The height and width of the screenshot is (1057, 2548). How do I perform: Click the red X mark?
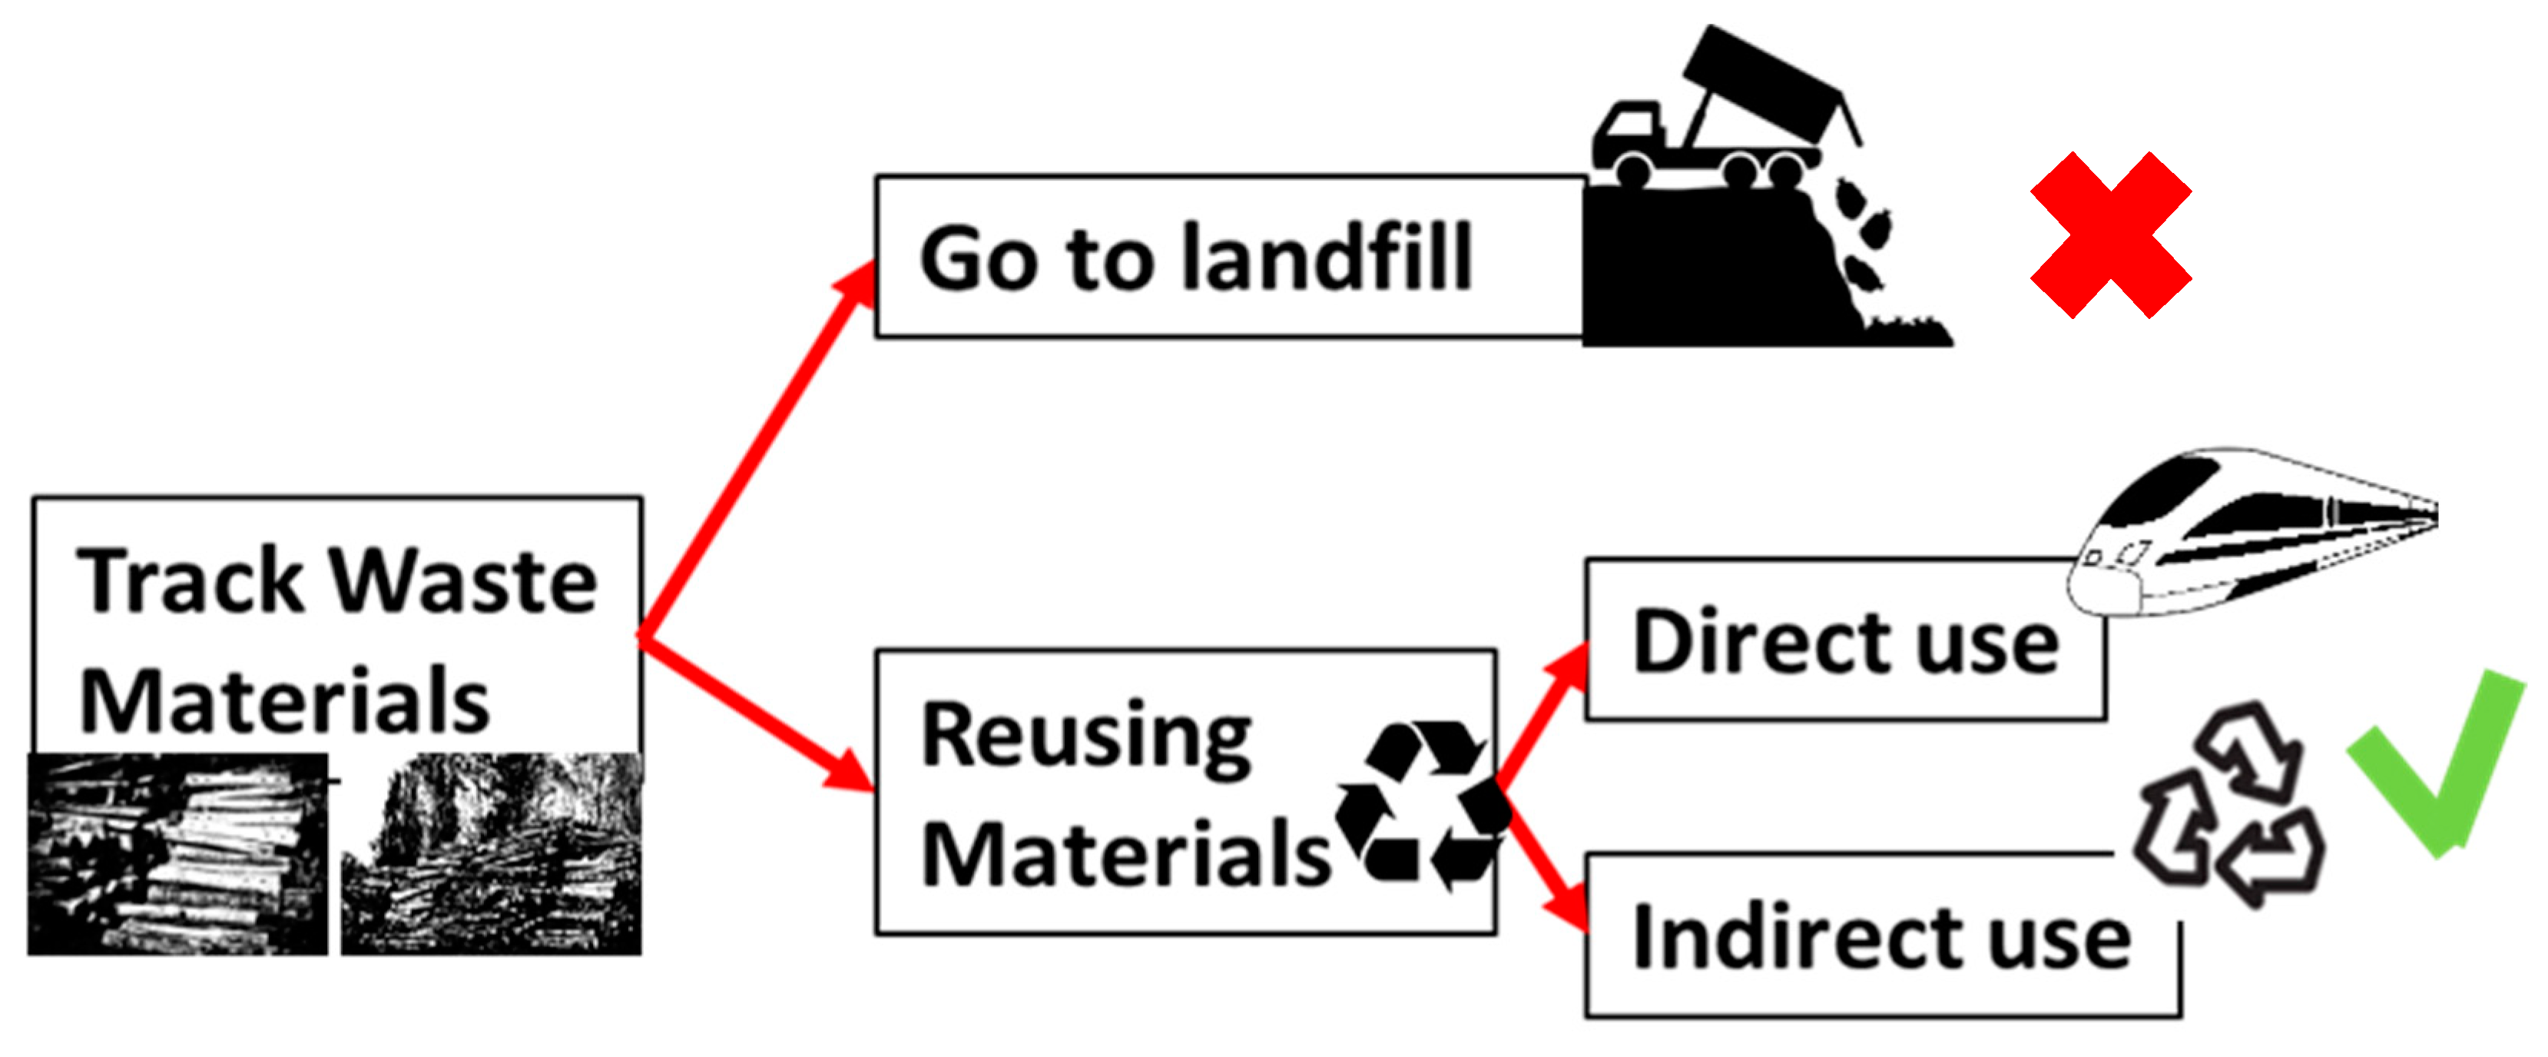click(2110, 234)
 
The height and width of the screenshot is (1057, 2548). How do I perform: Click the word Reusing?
click(1086, 737)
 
